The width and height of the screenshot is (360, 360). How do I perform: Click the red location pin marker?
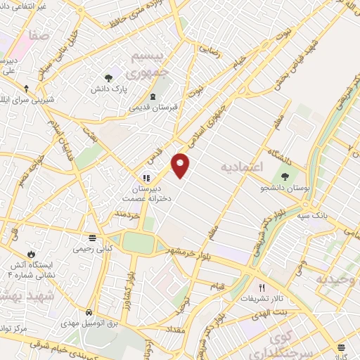tap(181, 165)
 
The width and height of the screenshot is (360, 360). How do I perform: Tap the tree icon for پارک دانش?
tap(108, 78)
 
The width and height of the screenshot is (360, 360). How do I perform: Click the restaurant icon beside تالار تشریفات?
tap(262, 287)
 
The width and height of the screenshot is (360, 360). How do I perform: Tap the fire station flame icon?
tap(32, 254)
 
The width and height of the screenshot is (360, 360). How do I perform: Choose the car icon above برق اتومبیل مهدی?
tap(89, 312)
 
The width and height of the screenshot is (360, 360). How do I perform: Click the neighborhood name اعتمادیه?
tap(241, 167)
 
